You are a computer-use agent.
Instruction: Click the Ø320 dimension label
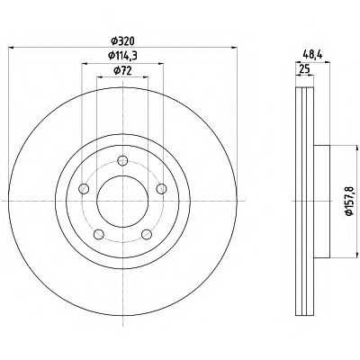coord(122,41)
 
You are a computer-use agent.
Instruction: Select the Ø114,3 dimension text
coord(122,56)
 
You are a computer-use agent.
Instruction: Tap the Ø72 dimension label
coord(122,71)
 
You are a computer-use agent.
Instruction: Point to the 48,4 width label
coord(312,54)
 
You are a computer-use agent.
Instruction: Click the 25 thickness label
coord(304,69)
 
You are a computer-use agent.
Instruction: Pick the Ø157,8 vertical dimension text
coord(349,201)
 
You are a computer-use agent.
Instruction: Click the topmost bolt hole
coord(122,160)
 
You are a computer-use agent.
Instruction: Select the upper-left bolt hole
coord(84,189)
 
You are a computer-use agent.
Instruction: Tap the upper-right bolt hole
coord(161,188)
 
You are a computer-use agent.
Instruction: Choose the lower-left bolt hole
coord(98,234)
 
